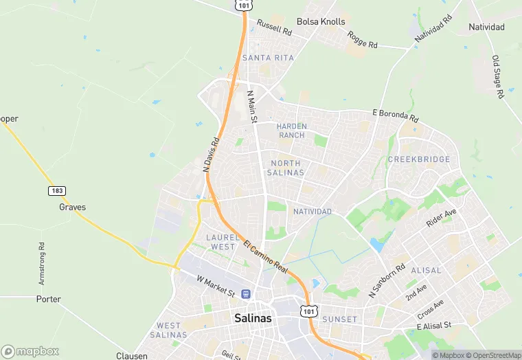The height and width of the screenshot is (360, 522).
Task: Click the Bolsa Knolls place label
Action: pyautogui.click(x=321, y=21)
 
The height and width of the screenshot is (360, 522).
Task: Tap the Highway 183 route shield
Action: pyautogui.click(x=56, y=190)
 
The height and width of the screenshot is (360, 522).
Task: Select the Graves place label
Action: pyautogui.click(x=72, y=206)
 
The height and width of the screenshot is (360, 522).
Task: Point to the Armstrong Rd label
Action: pyautogui.click(x=41, y=264)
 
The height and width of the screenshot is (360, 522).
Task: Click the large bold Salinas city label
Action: pyautogui.click(x=253, y=318)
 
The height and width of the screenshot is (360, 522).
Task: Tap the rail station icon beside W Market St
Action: pyautogui.click(x=245, y=294)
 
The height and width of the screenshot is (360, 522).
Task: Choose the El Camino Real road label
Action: pyautogui.click(x=264, y=256)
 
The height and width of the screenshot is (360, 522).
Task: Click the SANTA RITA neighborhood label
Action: pyautogui.click(x=268, y=58)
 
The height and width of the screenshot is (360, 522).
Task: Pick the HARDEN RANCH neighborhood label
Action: pyautogui.click(x=291, y=131)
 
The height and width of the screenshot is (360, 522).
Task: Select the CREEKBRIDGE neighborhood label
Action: pyautogui.click(x=419, y=159)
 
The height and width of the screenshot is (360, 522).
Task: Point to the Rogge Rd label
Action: pyautogui.click(x=363, y=40)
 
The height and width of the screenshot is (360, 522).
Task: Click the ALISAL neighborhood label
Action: pyautogui.click(x=426, y=271)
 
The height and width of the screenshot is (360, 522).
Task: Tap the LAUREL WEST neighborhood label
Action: pyautogui.click(x=221, y=242)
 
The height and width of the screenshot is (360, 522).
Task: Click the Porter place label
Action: pyautogui.click(x=49, y=299)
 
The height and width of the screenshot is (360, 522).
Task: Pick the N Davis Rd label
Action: pyautogui.click(x=211, y=155)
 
